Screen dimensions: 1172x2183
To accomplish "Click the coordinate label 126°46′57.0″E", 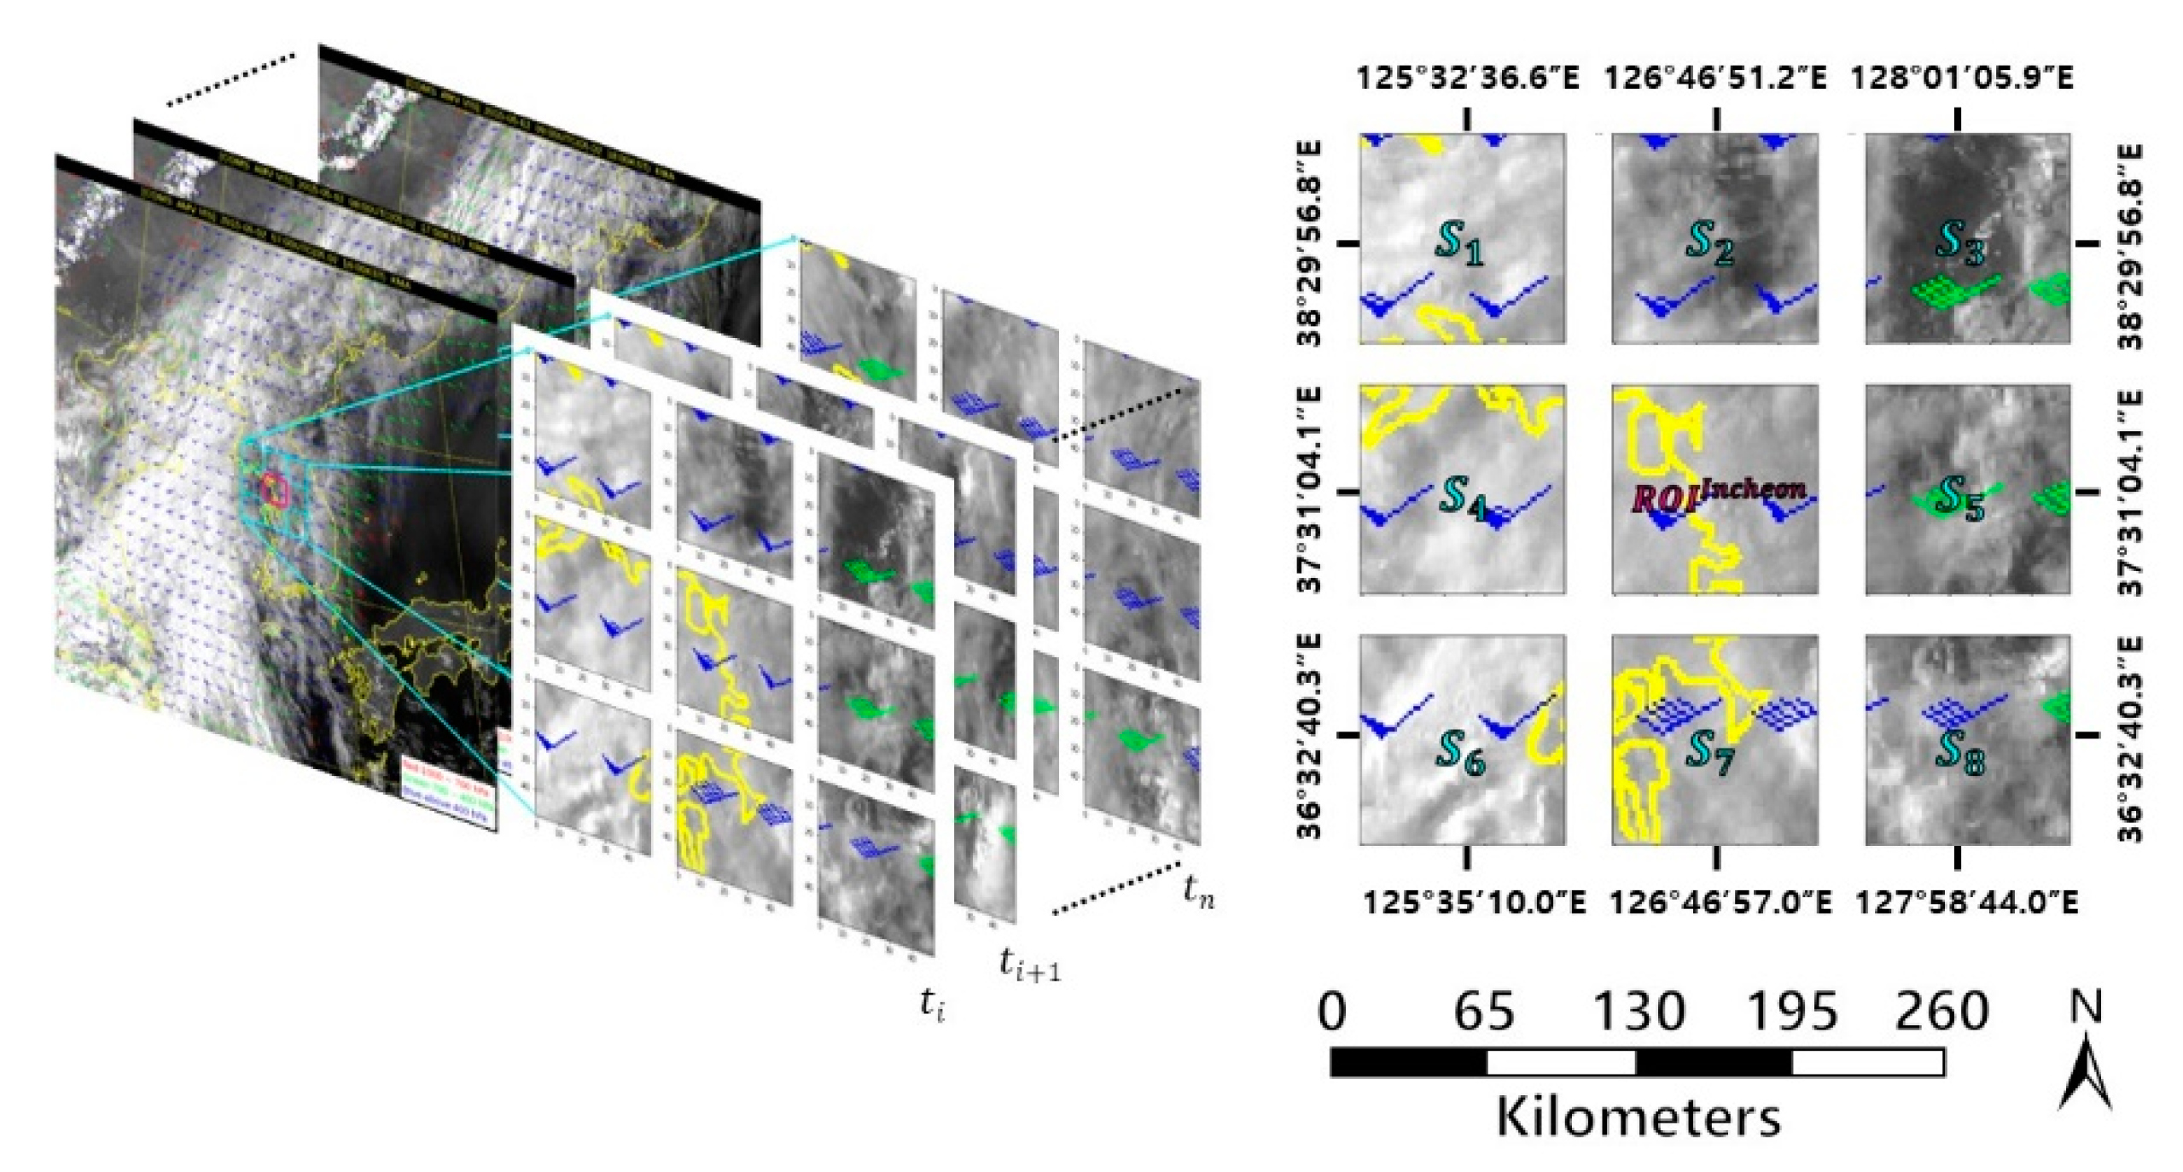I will pyautogui.click(x=1720, y=901).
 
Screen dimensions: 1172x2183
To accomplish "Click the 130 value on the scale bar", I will pyautogui.click(x=1639, y=1012).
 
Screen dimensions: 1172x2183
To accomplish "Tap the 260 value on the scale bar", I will pyautogui.click(x=1941, y=1012).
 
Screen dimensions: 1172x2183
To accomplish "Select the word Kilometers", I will pyautogui.click(x=1639, y=1117).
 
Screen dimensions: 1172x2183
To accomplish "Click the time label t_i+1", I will pyautogui.click(x=1030, y=965).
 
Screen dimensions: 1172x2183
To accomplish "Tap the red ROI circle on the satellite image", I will pyautogui.click(x=276, y=489).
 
